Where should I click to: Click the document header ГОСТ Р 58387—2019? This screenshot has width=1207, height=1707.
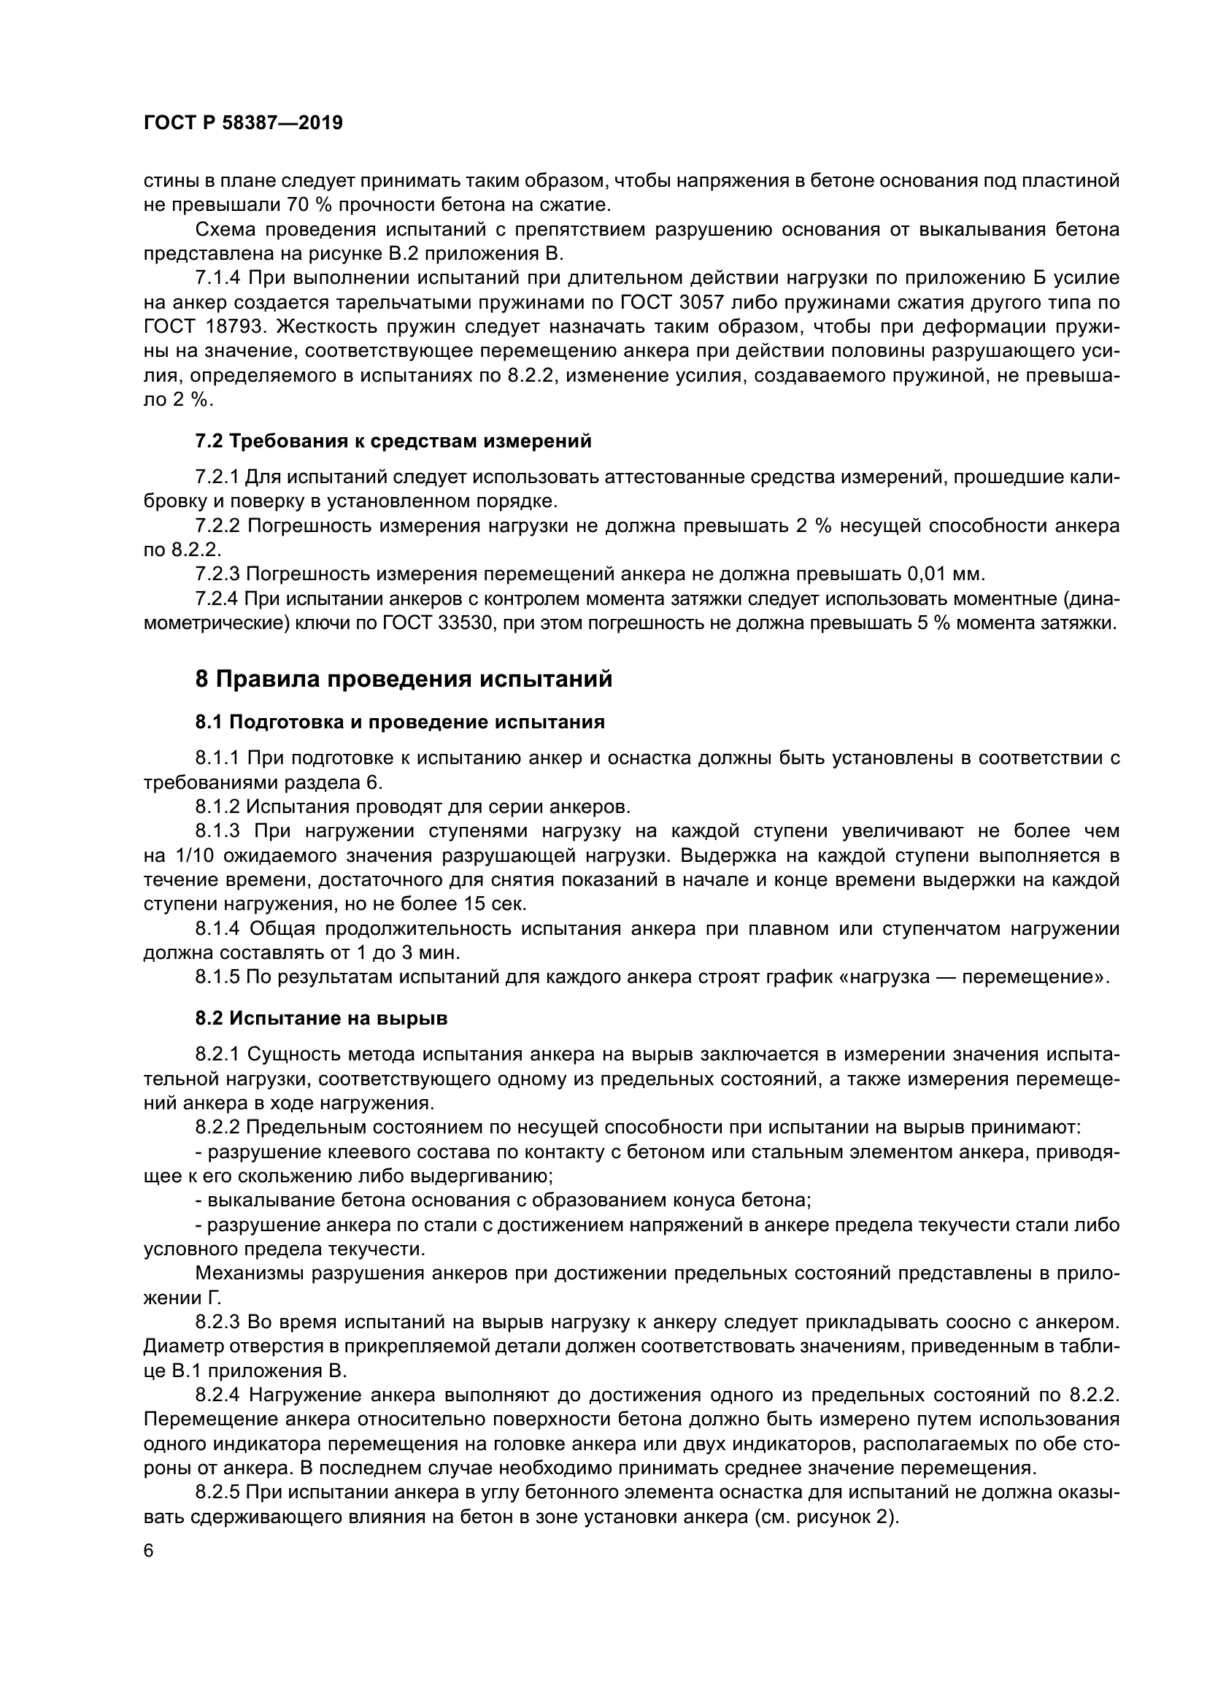(x=243, y=123)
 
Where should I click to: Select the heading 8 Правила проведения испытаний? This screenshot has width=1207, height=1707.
(x=404, y=679)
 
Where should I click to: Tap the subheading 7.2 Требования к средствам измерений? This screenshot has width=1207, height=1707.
(x=393, y=441)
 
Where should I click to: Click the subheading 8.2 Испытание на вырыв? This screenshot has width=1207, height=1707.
(x=321, y=1019)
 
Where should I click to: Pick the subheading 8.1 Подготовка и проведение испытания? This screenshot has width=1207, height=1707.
(x=400, y=722)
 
